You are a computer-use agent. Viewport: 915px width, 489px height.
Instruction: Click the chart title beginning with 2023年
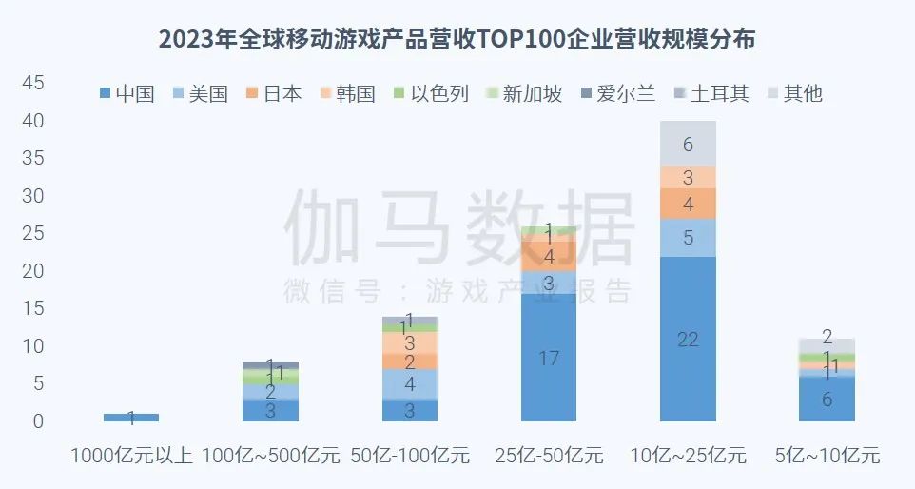(457, 39)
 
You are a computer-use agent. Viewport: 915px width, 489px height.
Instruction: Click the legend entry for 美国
(200, 93)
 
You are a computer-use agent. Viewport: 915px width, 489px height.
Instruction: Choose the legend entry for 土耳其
(710, 93)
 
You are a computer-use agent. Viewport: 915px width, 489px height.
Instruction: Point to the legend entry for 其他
(792, 93)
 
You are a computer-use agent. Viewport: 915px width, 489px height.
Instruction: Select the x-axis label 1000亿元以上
(131, 455)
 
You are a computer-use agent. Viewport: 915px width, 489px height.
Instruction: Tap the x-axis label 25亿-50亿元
(549, 455)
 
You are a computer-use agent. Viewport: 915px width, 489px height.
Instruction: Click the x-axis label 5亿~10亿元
(827, 455)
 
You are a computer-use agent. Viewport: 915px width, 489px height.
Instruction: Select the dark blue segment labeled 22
(688, 339)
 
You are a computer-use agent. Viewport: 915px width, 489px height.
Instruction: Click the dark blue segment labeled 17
(549, 358)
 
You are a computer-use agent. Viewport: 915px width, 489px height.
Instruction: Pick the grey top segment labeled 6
(688, 144)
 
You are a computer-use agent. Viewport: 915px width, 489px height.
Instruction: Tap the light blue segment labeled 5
(688, 238)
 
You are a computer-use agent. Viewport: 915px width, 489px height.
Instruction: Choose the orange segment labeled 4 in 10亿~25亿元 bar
(688, 204)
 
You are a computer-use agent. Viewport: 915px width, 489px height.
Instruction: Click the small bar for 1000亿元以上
(131, 417)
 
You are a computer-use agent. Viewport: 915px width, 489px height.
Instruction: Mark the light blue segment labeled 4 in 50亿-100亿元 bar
(409, 384)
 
